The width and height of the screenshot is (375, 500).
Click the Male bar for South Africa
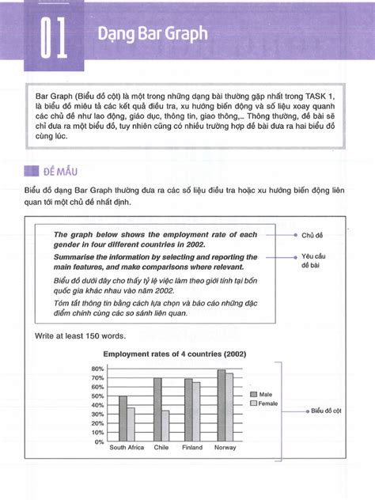coord(123,419)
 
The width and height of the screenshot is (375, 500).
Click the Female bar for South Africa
coord(131,424)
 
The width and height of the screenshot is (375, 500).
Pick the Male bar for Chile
coord(157,410)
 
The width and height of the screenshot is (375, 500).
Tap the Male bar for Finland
coord(188,410)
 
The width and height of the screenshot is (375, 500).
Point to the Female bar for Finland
coord(196,412)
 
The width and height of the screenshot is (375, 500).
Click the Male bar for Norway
coord(221,405)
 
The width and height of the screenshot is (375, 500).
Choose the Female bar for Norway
coord(229,407)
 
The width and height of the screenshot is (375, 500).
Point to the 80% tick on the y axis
coord(97,369)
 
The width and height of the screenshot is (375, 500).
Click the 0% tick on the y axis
coord(100,441)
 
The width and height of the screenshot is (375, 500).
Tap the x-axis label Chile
coord(162,449)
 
